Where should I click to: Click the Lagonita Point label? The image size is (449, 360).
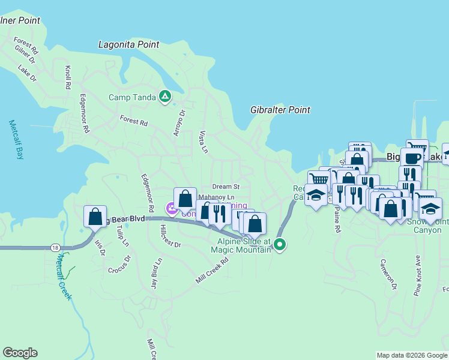tap(129, 45)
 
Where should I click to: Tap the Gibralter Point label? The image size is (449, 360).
tap(280, 110)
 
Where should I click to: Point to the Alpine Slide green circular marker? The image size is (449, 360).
tap(280, 244)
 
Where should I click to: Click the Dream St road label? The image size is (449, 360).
tap(225, 187)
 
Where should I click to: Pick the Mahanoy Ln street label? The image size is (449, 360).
tap(215, 197)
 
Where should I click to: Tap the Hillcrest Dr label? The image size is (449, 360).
tap(170, 236)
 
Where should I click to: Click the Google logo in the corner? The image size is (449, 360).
tap(20, 353)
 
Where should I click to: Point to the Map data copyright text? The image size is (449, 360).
tap(411, 355)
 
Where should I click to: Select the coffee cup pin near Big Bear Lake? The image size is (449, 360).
tap(412, 158)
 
